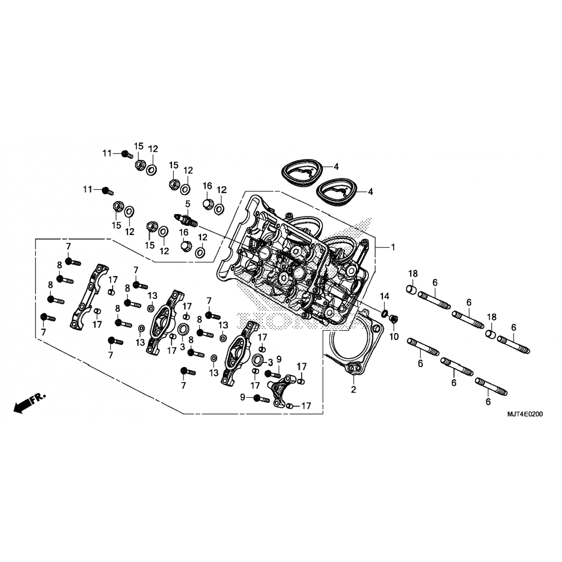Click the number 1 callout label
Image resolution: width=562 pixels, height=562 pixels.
[x=393, y=247]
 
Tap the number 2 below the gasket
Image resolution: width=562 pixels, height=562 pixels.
[x=353, y=390]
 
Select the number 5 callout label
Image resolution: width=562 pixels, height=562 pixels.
[x=187, y=204]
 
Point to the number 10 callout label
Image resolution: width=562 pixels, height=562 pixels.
[x=394, y=337]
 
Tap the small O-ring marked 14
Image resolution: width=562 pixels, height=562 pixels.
[x=385, y=313]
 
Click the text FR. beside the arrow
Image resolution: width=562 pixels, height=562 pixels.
[x=39, y=398]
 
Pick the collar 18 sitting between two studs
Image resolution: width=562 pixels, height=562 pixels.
[x=491, y=333]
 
